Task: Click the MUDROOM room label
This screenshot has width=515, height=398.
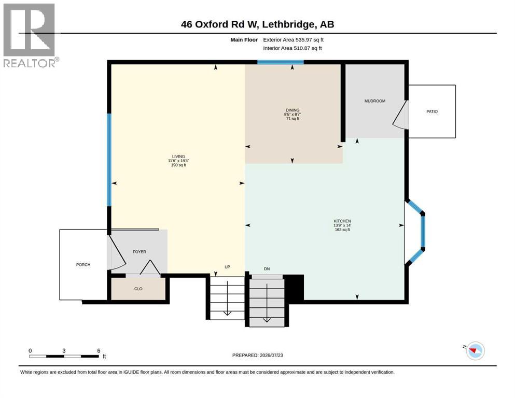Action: [375, 101]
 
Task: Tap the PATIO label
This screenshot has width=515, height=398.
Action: [432, 111]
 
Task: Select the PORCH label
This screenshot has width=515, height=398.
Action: [83, 264]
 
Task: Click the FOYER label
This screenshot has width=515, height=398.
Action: [140, 252]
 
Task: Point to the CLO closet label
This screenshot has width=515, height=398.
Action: [138, 289]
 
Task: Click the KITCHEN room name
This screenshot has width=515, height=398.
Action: [342, 221]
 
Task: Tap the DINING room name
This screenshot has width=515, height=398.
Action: [293, 110]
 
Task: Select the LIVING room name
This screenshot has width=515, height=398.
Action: [178, 157]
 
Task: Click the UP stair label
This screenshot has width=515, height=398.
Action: [227, 267]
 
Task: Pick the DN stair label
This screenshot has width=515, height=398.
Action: [267, 269]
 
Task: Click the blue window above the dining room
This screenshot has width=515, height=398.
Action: [280, 62]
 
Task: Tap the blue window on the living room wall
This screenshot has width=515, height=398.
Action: [109, 160]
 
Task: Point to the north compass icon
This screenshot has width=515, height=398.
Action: [475, 351]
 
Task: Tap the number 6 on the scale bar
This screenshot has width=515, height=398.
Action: [99, 351]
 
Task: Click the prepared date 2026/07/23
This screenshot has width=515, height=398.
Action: [271, 355]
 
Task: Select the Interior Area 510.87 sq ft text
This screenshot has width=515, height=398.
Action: [293, 48]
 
